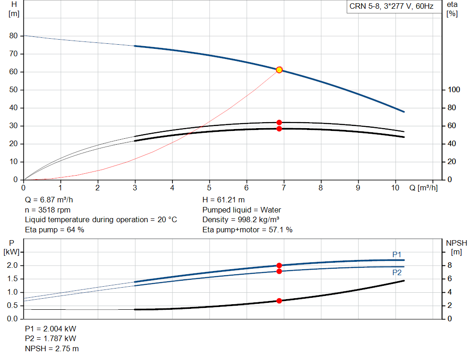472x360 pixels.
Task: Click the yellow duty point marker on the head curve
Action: point(279,70)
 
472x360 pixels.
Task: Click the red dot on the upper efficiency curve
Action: point(279,123)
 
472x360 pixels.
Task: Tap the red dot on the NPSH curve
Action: point(279,301)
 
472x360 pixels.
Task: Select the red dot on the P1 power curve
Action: point(279,266)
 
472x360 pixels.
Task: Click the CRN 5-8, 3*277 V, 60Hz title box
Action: point(391,7)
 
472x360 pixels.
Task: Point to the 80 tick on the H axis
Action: point(13,36)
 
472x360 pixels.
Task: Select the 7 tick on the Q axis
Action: point(283,188)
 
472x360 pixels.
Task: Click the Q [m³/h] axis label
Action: point(423,188)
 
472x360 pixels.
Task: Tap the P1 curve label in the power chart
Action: point(397,254)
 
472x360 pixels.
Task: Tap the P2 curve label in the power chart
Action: point(397,272)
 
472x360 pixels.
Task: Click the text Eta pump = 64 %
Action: point(54,230)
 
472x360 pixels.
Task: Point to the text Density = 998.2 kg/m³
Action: point(241,220)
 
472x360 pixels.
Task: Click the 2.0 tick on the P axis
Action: point(12,266)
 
